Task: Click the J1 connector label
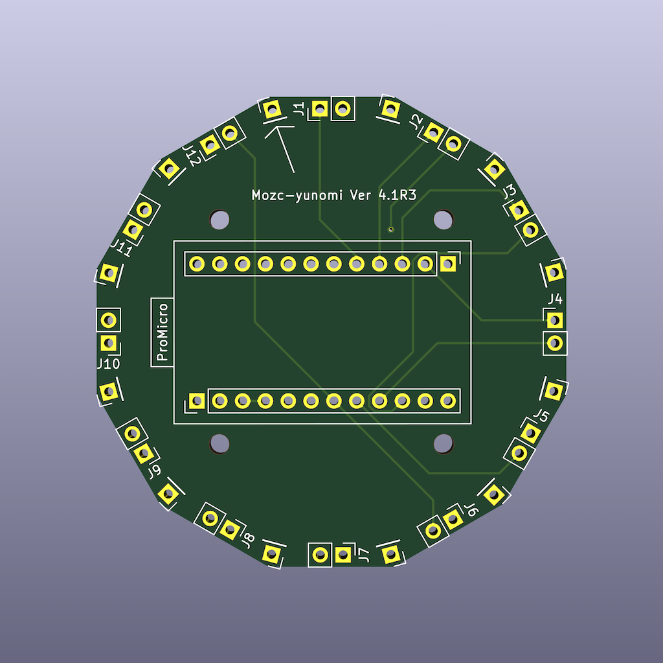[298, 109]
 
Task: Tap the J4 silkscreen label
[555, 299]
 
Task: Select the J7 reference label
[364, 555]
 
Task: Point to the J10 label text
[108, 364]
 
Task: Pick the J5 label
[541, 415]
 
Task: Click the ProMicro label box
[162, 332]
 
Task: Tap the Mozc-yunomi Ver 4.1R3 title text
[333, 195]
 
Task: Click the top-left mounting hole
[219, 220]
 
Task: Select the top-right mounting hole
[443, 220]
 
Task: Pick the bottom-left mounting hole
[219, 443]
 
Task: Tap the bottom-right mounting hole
[443, 443]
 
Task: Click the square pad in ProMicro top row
[447, 264]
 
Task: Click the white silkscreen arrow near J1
[284, 146]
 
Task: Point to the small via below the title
[390, 229]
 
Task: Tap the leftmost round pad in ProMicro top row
[197, 264]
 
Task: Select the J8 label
[247, 539]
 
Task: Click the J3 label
[510, 191]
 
